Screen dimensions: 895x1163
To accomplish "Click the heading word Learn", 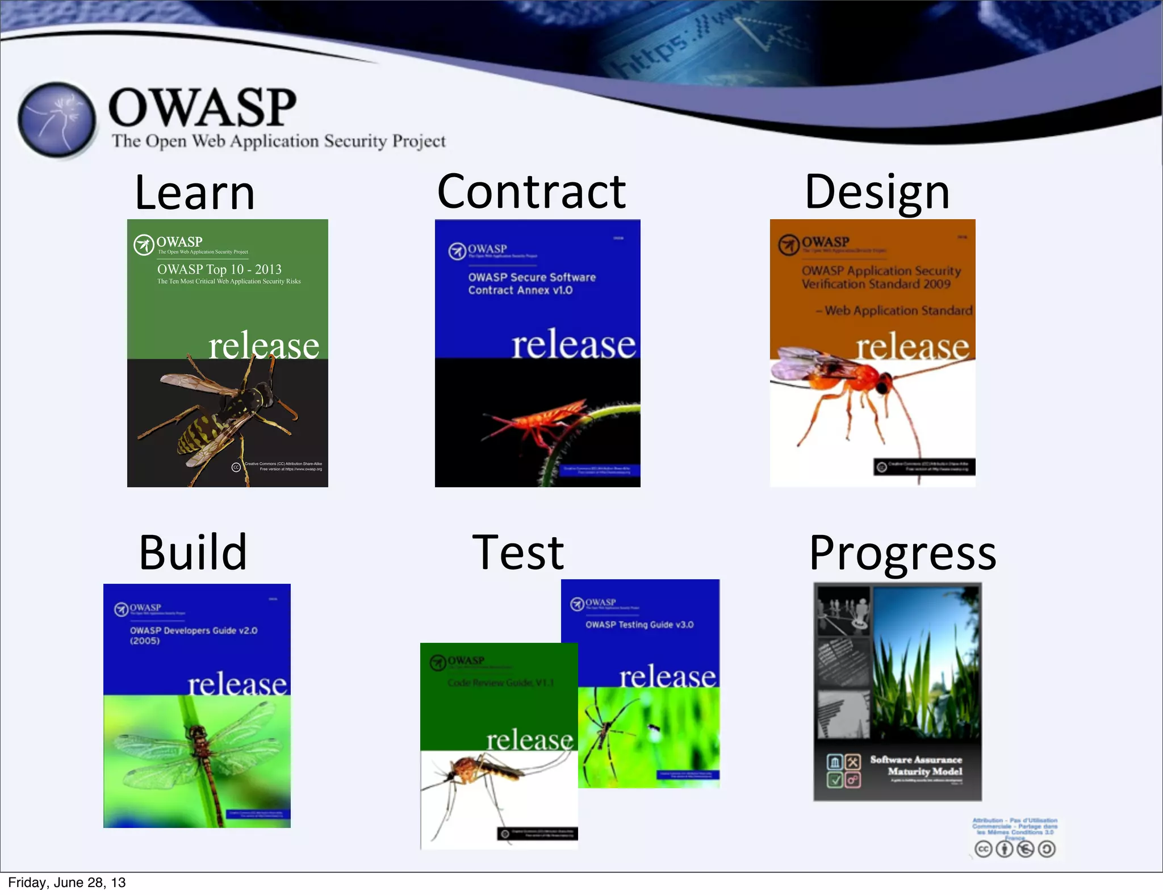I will (195, 193).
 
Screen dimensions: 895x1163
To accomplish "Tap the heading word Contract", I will (531, 192).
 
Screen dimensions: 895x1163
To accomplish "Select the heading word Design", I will (877, 192).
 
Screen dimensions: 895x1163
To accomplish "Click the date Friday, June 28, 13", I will (66, 882).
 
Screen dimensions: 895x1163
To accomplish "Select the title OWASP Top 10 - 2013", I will (219, 269).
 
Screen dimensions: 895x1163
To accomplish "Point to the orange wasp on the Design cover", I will (863, 386).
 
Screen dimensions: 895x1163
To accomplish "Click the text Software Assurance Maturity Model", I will (916, 766).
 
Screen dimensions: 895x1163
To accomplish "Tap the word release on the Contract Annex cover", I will (573, 345).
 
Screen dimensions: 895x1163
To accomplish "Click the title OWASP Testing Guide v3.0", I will (639, 625).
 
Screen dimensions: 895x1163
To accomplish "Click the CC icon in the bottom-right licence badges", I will (983, 849).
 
